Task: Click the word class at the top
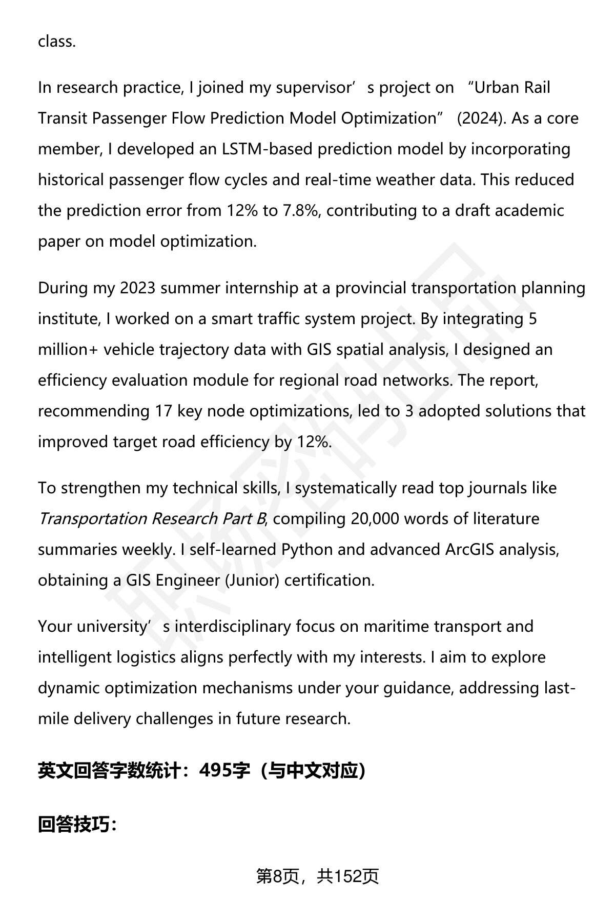click(x=56, y=41)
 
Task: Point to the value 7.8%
click(x=301, y=211)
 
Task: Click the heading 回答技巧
click(x=77, y=825)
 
